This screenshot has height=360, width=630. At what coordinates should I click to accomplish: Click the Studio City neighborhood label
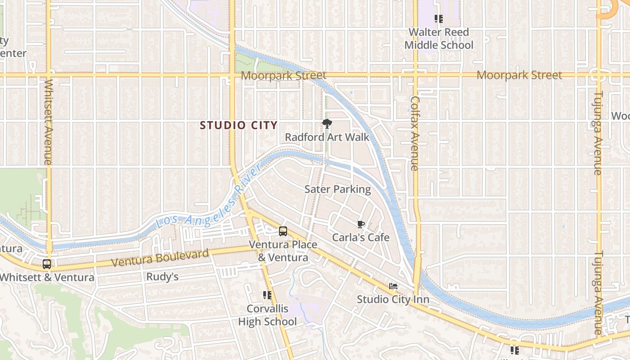point(238,126)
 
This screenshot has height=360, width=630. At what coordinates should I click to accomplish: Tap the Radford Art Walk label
point(327,137)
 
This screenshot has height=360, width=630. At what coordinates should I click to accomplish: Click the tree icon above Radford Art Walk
point(327,123)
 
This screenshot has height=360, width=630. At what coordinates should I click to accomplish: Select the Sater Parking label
point(337,189)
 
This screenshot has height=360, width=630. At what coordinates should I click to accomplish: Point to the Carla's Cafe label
point(360,237)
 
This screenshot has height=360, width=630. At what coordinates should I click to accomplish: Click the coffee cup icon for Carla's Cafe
point(360,224)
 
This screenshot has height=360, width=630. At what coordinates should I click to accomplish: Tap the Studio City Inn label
point(393,299)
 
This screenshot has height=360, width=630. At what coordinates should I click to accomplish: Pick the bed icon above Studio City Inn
point(393,286)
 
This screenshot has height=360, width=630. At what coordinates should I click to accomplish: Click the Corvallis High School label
point(267,315)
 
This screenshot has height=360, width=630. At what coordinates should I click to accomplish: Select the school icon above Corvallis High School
point(267,295)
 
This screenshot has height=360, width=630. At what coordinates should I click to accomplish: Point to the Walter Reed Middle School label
point(439,39)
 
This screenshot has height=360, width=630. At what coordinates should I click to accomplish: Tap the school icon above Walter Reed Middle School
point(438,19)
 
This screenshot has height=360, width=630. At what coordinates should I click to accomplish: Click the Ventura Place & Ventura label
point(283,251)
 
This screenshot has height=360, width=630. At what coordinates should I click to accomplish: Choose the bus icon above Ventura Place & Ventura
point(283,231)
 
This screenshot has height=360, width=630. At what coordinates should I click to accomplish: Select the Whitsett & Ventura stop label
point(47,277)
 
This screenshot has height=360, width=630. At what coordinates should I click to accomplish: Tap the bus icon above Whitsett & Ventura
point(47,264)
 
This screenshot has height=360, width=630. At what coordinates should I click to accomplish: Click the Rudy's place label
point(162,277)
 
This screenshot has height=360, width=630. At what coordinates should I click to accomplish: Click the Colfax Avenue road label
point(415,133)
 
